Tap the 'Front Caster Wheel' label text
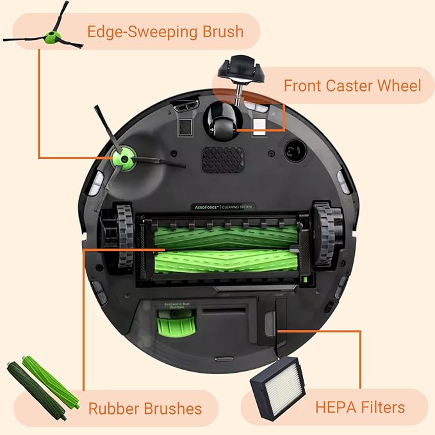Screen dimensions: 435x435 352,85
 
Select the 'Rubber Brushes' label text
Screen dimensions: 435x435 145,408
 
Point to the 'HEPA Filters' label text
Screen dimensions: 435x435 359,407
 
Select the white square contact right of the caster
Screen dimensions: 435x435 259,124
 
